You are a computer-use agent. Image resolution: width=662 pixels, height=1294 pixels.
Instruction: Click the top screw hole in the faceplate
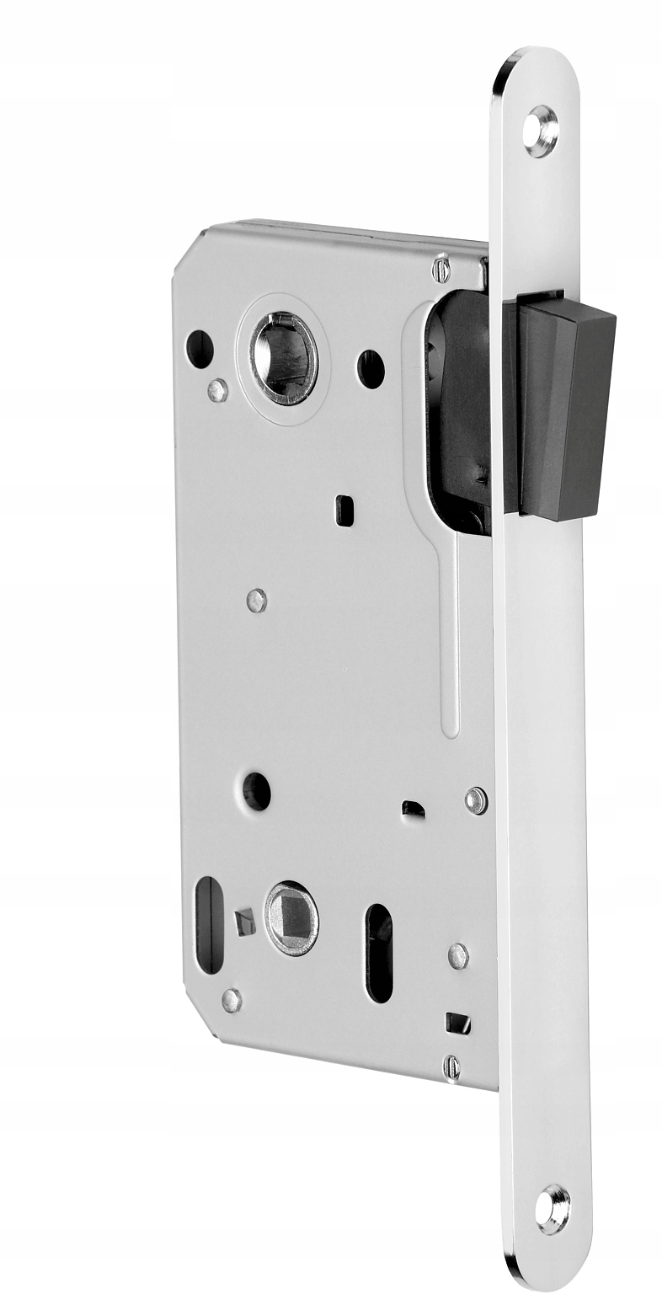click(x=540, y=131)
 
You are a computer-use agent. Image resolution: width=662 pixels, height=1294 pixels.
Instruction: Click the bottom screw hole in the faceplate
click(x=553, y=1209)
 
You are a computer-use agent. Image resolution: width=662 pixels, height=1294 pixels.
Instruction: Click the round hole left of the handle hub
click(x=200, y=349)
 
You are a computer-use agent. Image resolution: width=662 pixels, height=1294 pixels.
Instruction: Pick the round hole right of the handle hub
click(x=371, y=369)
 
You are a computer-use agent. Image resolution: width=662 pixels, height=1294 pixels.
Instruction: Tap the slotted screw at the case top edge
click(x=440, y=269)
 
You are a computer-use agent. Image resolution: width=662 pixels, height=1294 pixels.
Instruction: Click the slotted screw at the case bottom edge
click(x=451, y=1067)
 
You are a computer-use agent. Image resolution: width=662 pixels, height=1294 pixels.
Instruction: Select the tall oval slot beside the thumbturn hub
click(x=209, y=925)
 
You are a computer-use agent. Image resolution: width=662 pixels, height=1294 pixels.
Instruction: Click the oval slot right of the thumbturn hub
click(x=380, y=953)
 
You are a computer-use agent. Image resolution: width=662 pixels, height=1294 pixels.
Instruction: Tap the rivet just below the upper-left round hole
click(x=217, y=390)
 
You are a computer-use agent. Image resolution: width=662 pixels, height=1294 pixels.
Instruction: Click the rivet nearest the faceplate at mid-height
click(x=476, y=799)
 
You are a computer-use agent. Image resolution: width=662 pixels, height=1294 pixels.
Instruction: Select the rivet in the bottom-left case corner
click(x=232, y=1000)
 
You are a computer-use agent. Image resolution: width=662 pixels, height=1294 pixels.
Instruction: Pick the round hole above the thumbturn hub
click(x=257, y=790)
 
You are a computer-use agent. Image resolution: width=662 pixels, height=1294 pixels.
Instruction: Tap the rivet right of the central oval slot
click(x=458, y=955)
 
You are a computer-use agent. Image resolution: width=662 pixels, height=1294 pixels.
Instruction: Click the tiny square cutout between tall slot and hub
click(x=243, y=922)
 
